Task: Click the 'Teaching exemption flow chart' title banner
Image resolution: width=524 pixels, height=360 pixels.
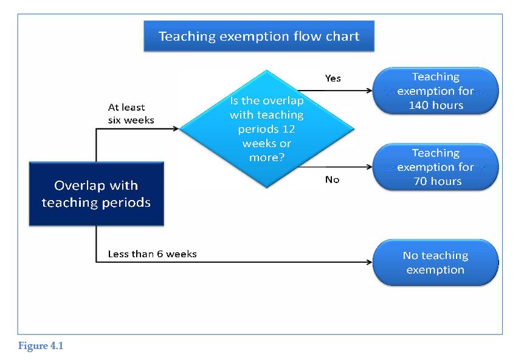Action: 259,36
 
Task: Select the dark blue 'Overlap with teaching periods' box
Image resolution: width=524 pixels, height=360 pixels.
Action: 97,194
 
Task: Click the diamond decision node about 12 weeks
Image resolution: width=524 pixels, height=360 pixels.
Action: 267,129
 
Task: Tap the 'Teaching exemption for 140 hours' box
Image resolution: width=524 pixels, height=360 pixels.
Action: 435,91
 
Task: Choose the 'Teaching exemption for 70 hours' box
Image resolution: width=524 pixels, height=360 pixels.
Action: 435,167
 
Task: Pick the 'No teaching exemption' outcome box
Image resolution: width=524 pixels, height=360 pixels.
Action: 435,262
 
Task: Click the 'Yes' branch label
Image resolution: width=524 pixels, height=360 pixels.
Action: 333,78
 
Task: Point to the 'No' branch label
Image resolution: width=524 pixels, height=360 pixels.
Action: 332,180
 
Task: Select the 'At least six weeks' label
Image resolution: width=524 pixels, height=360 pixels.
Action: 131,114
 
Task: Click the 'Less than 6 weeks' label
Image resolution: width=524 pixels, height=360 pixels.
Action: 153,254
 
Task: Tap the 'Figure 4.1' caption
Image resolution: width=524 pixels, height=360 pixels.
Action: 41,345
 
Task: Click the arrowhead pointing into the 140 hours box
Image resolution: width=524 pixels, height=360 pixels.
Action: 370,91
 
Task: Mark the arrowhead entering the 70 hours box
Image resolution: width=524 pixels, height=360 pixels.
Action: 370,167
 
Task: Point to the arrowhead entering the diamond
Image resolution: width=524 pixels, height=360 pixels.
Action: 176,128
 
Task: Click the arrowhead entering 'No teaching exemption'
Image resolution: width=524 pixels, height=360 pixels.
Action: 370,262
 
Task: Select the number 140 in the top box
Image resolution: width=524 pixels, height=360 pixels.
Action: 417,105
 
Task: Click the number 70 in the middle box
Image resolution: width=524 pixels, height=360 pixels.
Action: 419,181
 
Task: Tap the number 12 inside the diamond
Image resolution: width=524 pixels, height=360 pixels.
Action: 289,129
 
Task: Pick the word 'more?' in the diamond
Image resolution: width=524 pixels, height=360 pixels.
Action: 267,157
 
